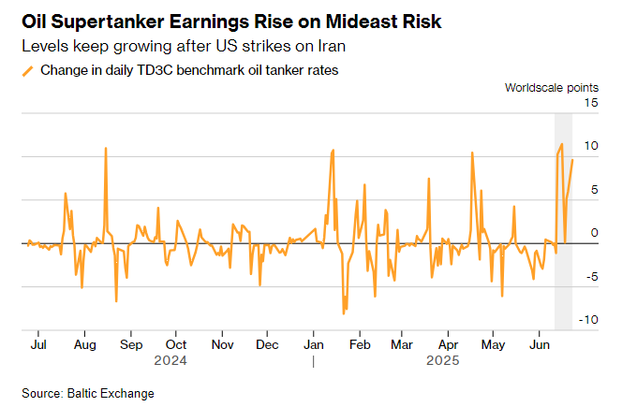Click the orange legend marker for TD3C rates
28,70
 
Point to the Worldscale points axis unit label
552,88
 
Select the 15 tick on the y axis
591,102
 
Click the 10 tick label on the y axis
591,146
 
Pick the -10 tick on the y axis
588,320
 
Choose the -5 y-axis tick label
591,277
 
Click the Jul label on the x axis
39,344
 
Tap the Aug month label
84,344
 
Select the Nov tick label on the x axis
222,344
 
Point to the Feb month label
359,344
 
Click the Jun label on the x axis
540,344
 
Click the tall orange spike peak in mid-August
106,148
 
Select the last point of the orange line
572,160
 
